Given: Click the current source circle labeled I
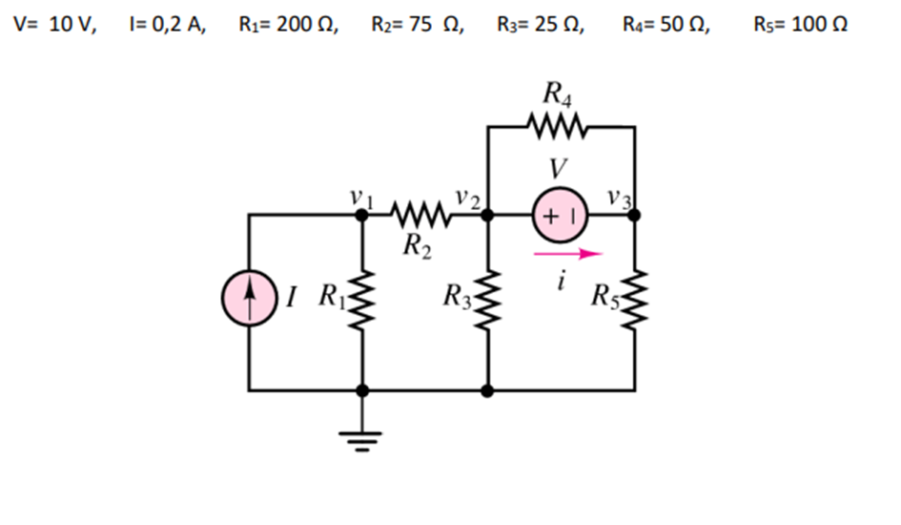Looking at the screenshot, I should click(249, 301).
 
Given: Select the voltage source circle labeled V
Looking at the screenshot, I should click(561, 216).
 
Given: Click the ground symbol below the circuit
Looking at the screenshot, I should click(362, 439).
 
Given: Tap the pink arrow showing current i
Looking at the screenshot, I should click(569, 254).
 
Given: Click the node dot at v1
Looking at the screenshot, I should click(362, 216).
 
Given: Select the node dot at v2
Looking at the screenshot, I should click(487, 216).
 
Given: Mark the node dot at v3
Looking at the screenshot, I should click(635, 216).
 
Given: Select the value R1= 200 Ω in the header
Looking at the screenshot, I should click(288, 25).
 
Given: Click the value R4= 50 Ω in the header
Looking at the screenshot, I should click(666, 25).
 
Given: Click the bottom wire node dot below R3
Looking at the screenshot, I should click(487, 390).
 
